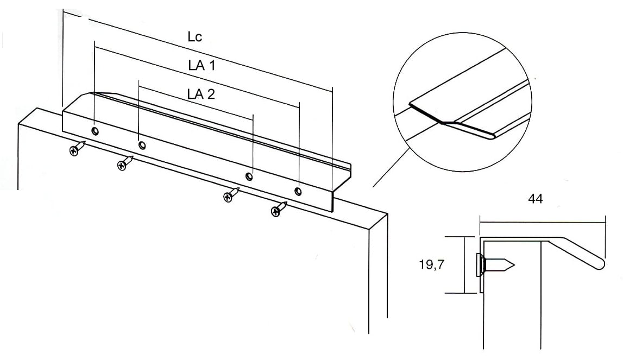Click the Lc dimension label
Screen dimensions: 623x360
pos(195,37)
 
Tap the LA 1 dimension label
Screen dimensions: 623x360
pos(202,65)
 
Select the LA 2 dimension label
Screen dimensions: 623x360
pos(201,94)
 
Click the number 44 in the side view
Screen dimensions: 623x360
pos(536,199)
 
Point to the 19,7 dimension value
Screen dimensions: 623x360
pos(432,264)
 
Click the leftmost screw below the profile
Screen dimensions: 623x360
pos(78,148)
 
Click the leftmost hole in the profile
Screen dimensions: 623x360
pos(95,131)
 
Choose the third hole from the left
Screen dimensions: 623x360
pos(249,176)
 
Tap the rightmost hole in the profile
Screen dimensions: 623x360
pos(298,191)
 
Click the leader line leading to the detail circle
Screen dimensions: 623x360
pos(390,167)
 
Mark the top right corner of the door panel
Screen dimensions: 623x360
pos(387,214)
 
